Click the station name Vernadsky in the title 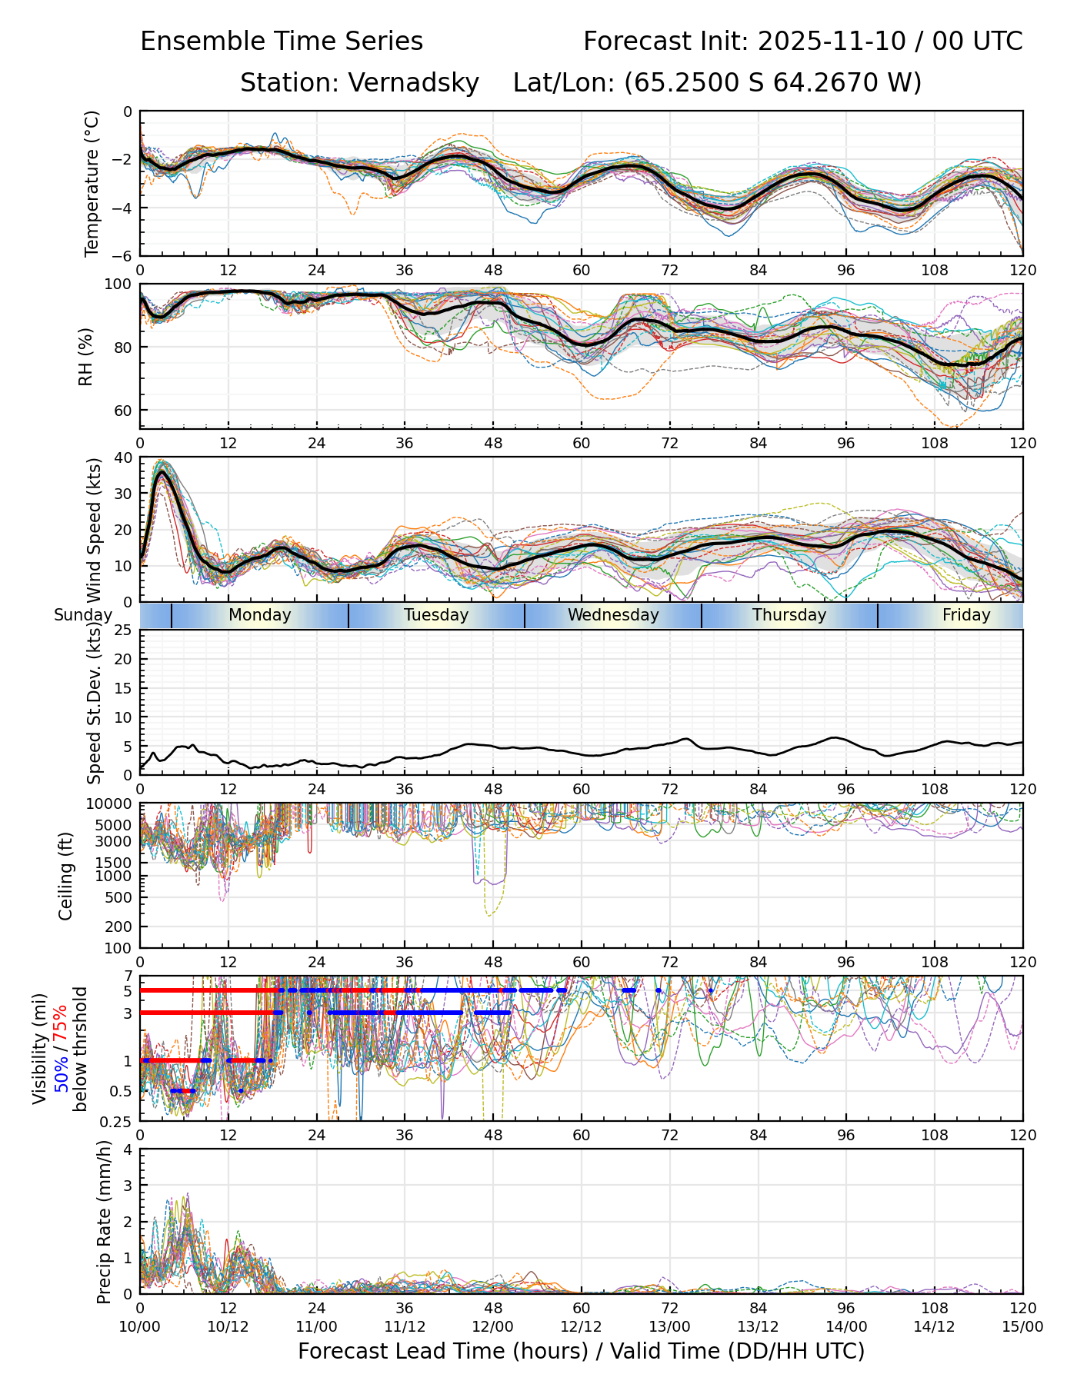click(414, 83)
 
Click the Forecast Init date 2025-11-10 click(833, 42)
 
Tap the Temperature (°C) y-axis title click(92, 183)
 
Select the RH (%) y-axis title click(85, 356)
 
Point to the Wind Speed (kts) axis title click(95, 531)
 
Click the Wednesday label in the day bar click(613, 615)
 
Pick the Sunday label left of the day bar click(83, 615)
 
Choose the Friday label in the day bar click(966, 615)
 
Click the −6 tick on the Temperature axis click(123, 256)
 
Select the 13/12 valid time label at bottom click(758, 1326)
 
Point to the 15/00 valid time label click(1022, 1326)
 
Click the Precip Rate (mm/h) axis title click(105, 1222)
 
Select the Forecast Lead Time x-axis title click(581, 1351)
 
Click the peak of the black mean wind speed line click(161, 473)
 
